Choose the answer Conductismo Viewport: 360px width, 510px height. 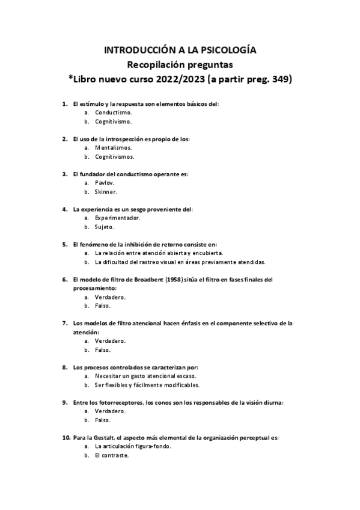click(114, 112)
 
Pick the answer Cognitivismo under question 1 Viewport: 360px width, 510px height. click(114, 121)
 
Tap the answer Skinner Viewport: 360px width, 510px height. click(106, 191)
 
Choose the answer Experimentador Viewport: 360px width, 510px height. click(117, 218)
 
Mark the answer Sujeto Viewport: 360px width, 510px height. click(105, 227)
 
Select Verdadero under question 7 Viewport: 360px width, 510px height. click(110, 341)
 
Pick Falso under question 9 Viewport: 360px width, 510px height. click(103, 420)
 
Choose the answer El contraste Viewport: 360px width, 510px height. click(112, 455)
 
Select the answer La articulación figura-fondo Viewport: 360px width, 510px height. click(133, 447)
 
